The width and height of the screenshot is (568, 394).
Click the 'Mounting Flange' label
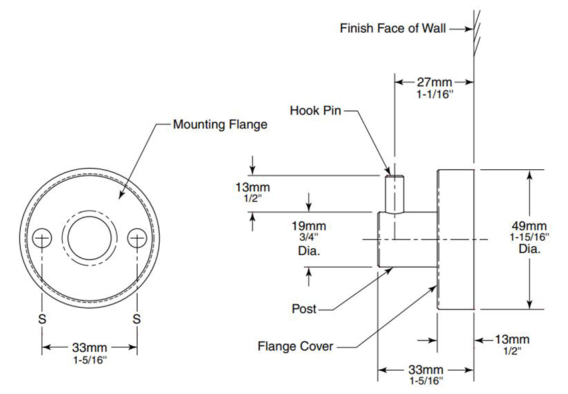(x=220, y=124)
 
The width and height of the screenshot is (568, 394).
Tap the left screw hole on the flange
(x=43, y=237)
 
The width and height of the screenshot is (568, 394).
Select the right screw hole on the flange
(x=137, y=237)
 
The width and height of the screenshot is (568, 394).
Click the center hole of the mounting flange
(x=90, y=237)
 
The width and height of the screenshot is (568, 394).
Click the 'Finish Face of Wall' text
(x=392, y=29)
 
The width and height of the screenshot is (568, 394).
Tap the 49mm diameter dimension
(x=529, y=225)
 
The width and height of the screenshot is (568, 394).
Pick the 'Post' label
(x=304, y=309)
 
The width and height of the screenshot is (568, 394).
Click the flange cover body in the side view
(x=455, y=239)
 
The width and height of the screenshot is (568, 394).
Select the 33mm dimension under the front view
(x=90, y=347)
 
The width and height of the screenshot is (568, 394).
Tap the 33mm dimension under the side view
(x=426, y=369)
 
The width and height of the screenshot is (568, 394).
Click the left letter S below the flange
(x=42, y=319)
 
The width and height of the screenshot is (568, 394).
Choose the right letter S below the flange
(x=137, y=319)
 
